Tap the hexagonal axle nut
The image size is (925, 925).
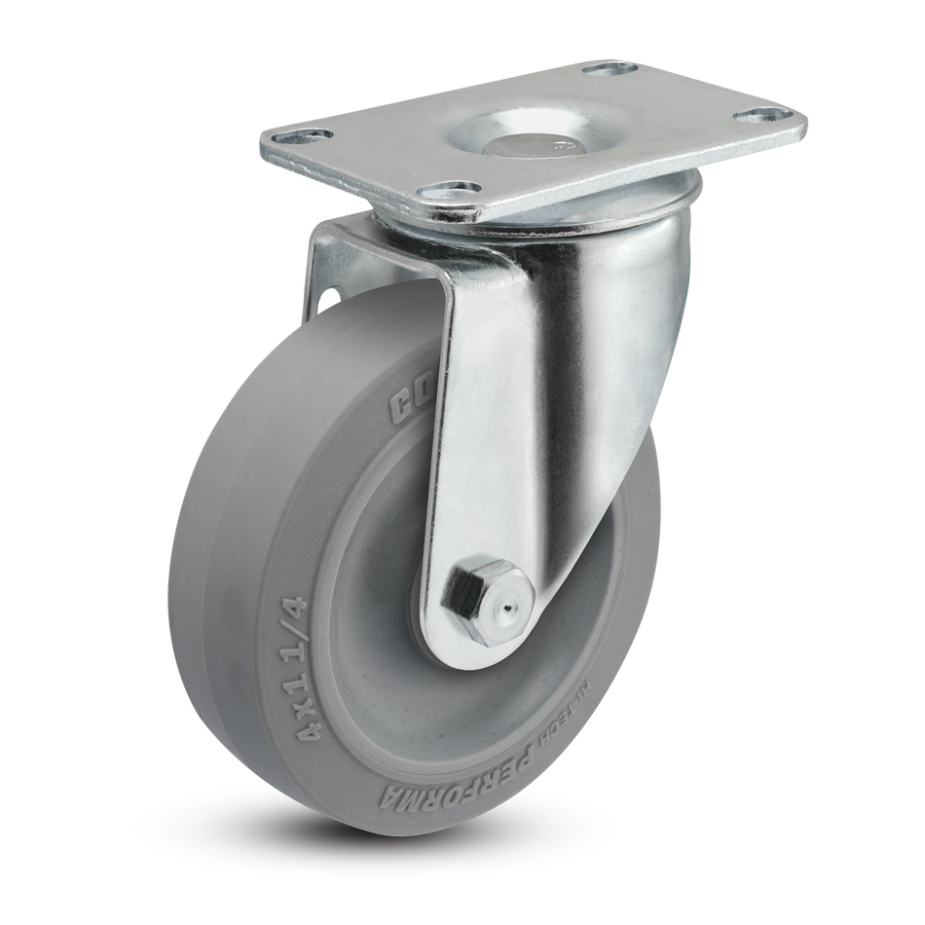click(470, 595)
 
